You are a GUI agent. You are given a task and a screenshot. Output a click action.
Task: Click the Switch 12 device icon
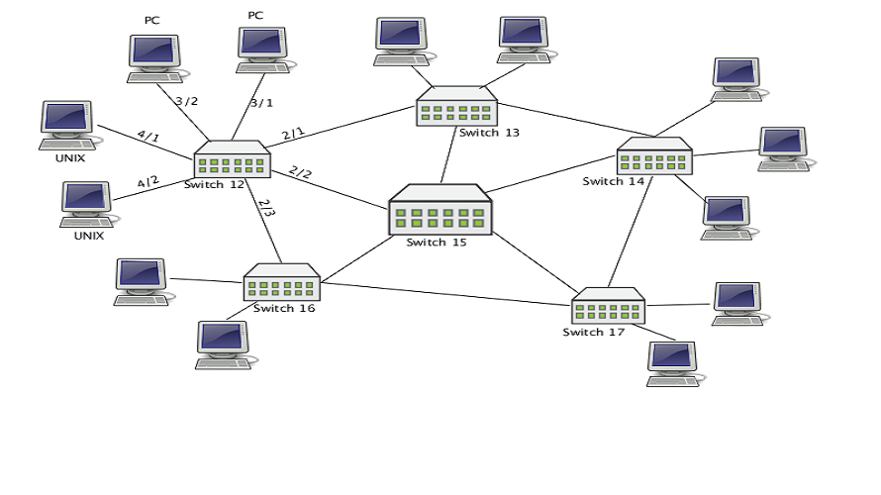point(232,160)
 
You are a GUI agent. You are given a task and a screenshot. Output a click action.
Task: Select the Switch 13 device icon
point(454,106)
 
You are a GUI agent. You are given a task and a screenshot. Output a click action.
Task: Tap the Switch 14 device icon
point(654,157)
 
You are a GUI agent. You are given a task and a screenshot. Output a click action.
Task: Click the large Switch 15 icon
point(440,210)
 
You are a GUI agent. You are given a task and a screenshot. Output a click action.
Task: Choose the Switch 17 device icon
point(608,306)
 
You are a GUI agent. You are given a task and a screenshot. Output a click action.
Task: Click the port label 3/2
point(186,101)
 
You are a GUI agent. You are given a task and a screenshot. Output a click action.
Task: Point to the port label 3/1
point(261,102)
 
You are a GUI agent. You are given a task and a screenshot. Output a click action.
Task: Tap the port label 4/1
point(147,137)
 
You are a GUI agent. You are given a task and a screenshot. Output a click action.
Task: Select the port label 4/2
point(147,182)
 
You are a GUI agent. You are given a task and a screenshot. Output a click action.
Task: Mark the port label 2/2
point(300,173)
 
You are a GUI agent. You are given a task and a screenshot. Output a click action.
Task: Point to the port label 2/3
point(265,209)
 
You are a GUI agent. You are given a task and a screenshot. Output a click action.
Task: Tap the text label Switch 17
point(594,332)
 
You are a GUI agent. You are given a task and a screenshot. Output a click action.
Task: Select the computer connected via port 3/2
point(154,58)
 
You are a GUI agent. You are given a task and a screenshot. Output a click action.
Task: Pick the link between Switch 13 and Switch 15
point(448,155)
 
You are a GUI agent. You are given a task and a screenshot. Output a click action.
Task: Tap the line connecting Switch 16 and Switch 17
point(445,291)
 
